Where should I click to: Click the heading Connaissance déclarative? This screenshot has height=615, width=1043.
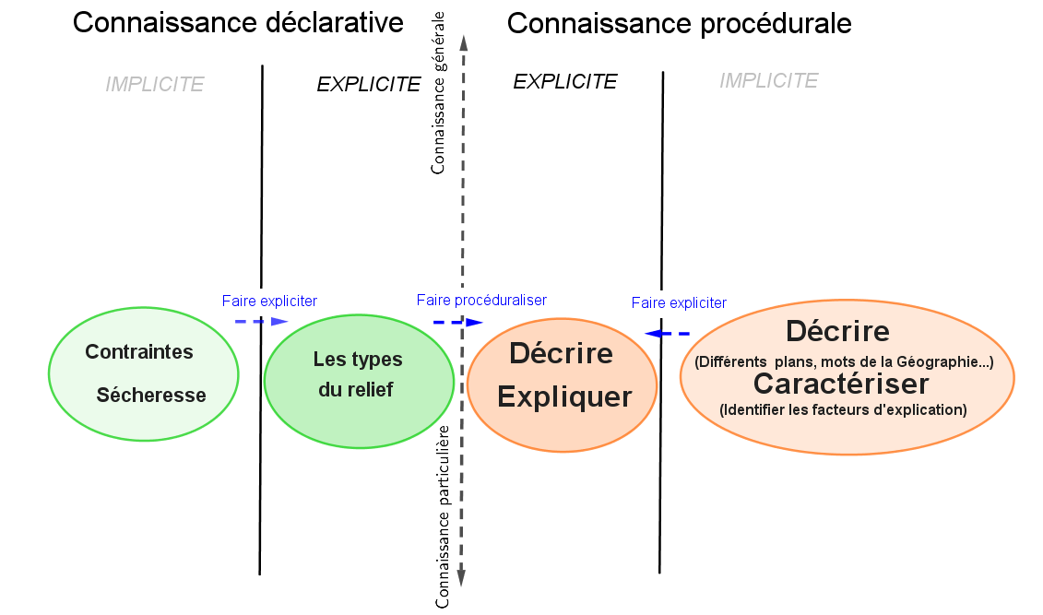tap(238, 23)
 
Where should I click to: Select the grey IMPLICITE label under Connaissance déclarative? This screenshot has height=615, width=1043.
tap(154, 85)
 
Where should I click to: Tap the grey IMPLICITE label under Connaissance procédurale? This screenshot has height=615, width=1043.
tap(768, 81)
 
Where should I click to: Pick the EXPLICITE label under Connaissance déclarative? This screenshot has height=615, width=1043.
tap(368, 85)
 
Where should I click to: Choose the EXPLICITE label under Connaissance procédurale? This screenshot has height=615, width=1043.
tap(564, 82)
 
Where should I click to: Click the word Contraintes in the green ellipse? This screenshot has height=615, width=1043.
tap(139, 351)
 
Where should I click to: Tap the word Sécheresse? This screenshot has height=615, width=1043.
tap(151, 396)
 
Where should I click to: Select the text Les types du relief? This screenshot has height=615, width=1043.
tap(357, 374)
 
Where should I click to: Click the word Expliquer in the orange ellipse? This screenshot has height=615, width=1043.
tap(564, 397)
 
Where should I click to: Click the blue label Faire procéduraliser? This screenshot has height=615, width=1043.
tap(481, 300)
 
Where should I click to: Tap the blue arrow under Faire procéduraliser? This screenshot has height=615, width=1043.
tap(458, 323)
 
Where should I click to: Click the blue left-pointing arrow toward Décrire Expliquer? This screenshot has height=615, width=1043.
tap(667, 333)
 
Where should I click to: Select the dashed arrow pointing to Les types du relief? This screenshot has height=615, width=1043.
tap(261, 321)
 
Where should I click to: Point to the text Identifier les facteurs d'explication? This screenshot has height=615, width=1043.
tap(843, 409)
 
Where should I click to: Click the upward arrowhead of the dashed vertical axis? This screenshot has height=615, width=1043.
tap(463, 41)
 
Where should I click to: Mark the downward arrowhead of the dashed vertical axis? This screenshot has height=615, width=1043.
tap(461, 578)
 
